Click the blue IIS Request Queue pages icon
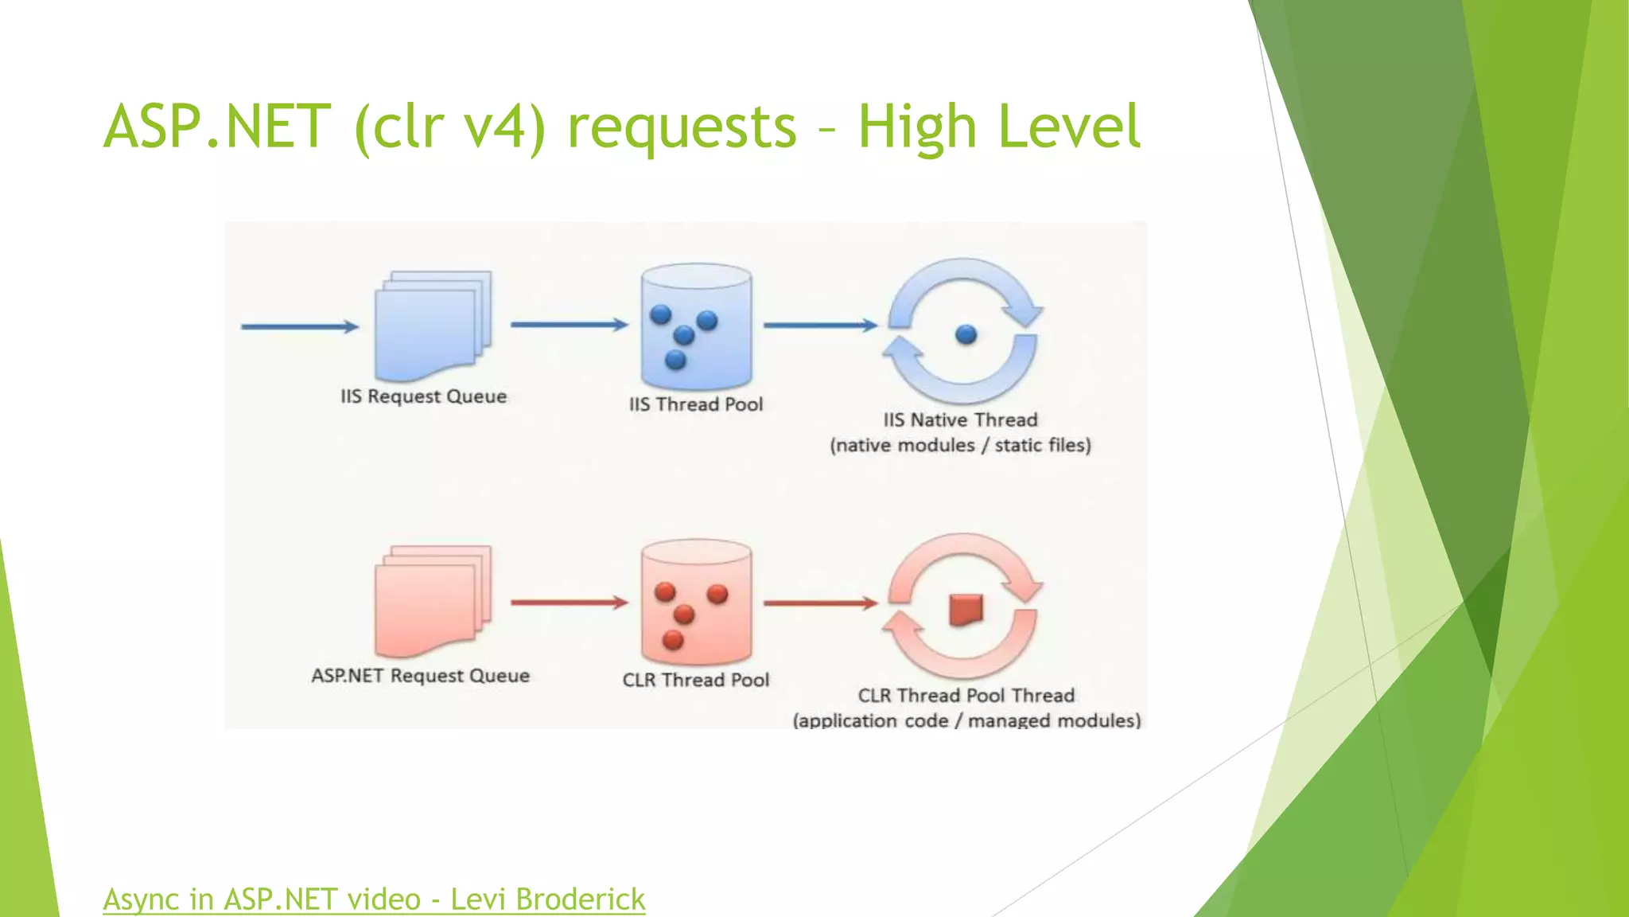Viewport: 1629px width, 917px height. [x=432, y=326]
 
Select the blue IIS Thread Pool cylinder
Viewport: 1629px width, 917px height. [x=696, y=326]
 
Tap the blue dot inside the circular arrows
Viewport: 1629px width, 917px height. [x=966, y=334]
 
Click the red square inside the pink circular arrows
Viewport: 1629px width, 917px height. [x=966, y=610]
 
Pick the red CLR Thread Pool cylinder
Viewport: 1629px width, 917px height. [x=696, y=603]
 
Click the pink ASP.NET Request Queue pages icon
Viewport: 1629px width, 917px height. [x=432, y=602]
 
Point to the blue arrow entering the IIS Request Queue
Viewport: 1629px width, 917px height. [x=300, y=326]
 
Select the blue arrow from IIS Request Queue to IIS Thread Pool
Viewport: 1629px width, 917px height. [x=569, y=325]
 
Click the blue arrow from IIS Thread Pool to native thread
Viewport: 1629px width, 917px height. [x=820, y=325]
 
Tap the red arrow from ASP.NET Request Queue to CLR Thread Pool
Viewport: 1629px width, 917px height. [x=569, y=603]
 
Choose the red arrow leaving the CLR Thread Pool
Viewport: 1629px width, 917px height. [x=820, y=603]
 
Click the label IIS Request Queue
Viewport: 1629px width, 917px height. [x=423, y=396]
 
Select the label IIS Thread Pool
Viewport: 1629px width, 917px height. [x=696, y=404]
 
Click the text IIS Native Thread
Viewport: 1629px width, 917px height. [x=960, y=419]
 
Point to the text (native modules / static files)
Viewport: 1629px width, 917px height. [x=960, y=445]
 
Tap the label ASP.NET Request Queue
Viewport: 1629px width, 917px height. [x=420, y=676]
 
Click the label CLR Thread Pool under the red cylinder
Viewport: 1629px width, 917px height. [x=696, y=680]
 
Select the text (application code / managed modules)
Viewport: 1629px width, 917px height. [x=966, y=720]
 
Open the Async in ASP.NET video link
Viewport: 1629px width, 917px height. [x=374, y=899]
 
